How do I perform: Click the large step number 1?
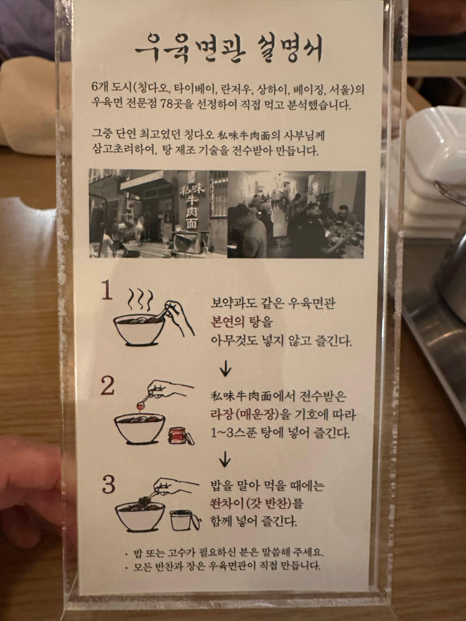tap(107, 290)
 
